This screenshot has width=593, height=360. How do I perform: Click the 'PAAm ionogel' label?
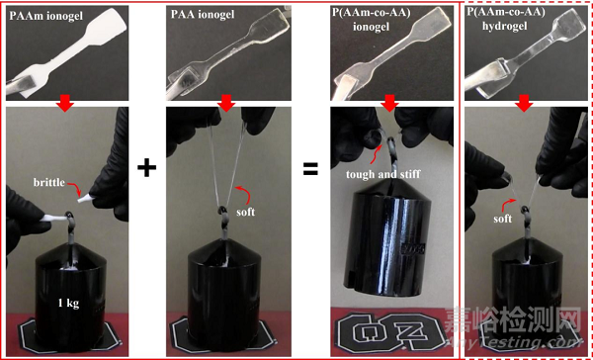coord(46,17)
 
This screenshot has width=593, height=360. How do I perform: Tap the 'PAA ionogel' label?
coord(203,15)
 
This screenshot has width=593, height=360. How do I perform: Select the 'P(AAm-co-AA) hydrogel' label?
coord(496,20)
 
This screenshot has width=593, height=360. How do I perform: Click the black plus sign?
coord(146,168)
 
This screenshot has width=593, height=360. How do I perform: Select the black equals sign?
coord(310,168)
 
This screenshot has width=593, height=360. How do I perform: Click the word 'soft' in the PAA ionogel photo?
coord(245,212)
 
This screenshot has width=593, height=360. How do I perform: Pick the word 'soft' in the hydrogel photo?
coord(502,219)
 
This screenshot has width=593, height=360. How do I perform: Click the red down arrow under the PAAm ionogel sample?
coord(65,104)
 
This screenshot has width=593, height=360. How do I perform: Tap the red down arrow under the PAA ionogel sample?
coord(226,104)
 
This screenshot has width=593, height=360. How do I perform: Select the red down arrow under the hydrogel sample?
coord(524,104)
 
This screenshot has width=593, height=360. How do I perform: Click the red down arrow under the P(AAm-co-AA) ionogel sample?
coord(390,104)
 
